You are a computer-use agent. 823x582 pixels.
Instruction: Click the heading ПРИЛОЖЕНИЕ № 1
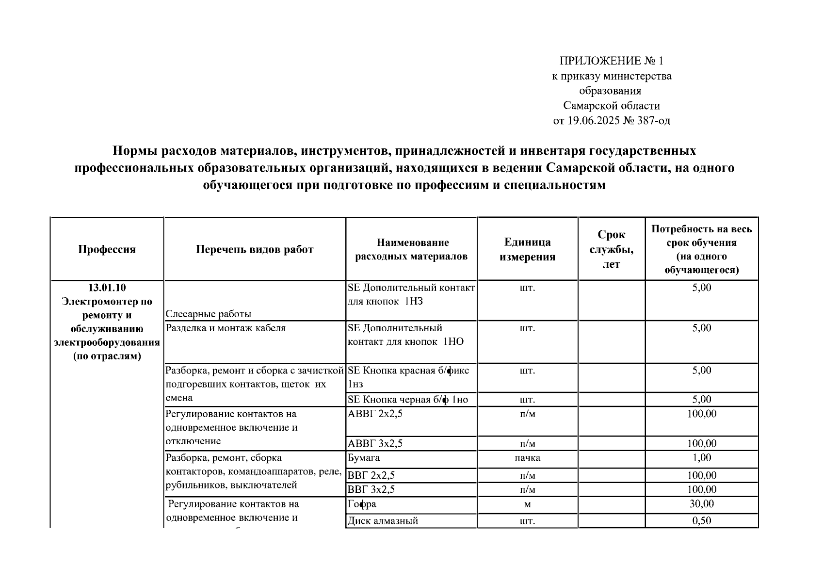(611, 61)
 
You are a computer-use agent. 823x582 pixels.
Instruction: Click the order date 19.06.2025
(593, 121)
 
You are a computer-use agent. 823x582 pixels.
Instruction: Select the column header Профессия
(107, 249)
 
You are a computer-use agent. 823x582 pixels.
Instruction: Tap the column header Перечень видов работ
(255, 249)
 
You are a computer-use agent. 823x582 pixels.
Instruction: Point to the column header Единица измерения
(527, 249)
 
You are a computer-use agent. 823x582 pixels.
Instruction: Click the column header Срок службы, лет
(611, 249)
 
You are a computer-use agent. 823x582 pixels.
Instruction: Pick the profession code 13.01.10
(107, 288)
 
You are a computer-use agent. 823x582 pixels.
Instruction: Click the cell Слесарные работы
(209, 314)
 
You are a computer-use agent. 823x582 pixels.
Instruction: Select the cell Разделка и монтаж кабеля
(226, 328)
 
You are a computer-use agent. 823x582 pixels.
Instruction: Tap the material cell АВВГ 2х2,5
(375, 414)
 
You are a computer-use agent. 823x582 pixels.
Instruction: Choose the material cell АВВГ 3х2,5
(375, 444)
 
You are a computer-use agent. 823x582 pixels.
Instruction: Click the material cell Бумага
(364, 458)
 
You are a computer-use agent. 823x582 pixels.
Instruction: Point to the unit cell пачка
(527, 458)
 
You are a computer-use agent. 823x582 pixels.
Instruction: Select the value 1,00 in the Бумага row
(701, 458)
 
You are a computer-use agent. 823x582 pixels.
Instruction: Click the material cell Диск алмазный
(383, 521)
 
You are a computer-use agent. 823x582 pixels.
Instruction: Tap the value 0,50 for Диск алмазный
(701, 521)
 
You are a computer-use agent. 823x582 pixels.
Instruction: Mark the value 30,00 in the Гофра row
(701, 504)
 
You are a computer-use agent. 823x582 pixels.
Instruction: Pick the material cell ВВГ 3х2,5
(371, 489)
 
